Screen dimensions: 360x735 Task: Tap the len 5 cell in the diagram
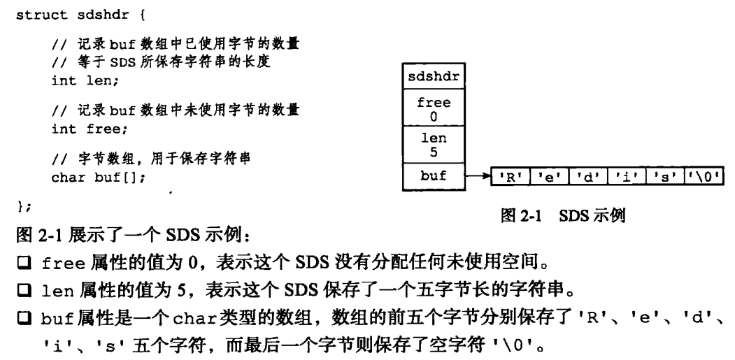pos(434,144)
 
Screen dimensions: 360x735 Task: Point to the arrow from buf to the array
pos(478,178)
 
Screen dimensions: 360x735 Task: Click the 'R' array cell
pos(510,178)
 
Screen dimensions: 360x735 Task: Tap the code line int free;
pos(85,129)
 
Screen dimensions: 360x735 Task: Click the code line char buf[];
pos(99,178)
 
